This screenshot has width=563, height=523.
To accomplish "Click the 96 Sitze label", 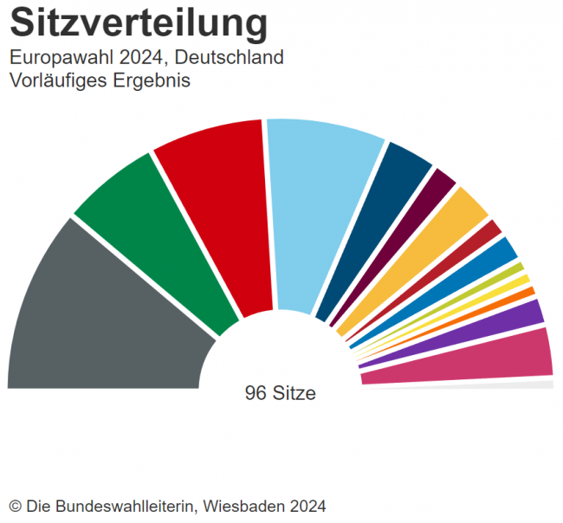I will point(281,393).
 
